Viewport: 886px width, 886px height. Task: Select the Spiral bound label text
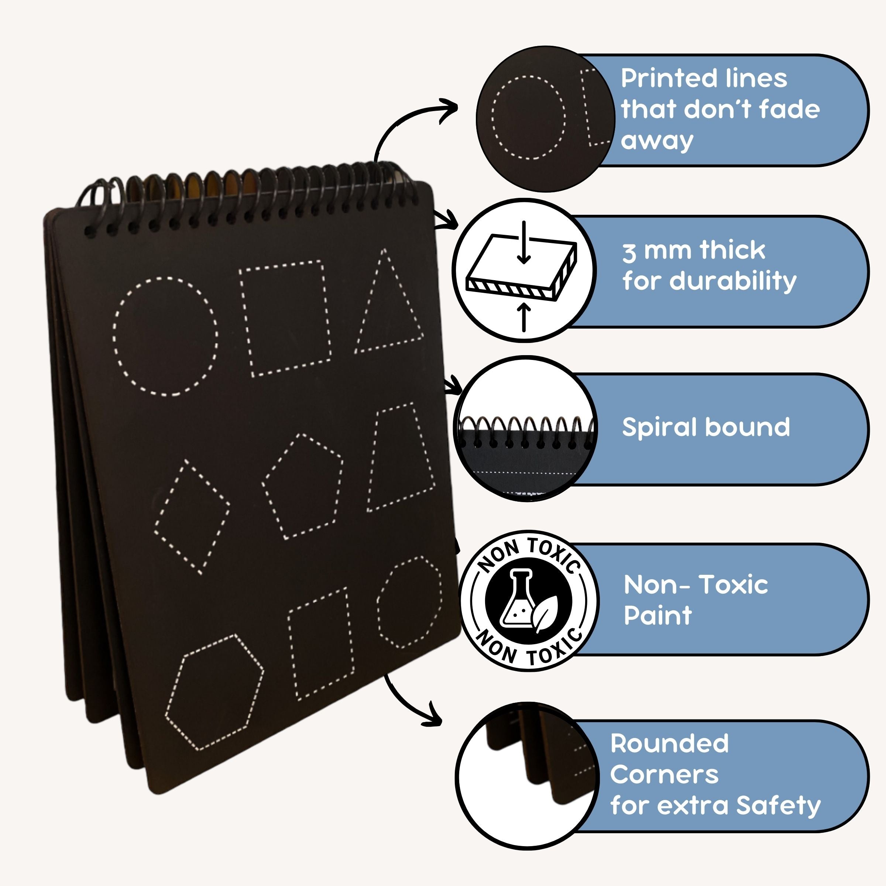coord(706,427)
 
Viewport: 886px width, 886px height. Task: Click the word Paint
coord(657,615)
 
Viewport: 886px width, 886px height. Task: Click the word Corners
coord(664,775)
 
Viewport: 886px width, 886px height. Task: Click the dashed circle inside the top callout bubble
coord(529,117)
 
